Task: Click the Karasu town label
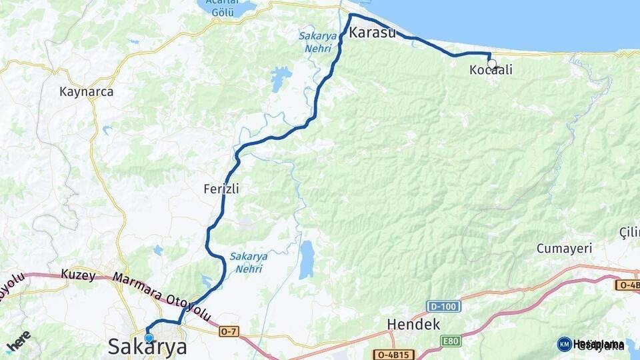click(372, 33)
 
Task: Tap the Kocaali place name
click(491, 70)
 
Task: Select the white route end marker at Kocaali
click(492, 64)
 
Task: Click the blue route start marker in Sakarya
click(149, 338)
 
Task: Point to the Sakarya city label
click(147, 347)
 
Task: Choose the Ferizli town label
click(221, 189)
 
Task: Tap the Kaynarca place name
click(86, 92)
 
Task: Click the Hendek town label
click(413, 325)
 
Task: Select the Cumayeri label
click(564, 249)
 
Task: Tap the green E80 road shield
click(451, 341)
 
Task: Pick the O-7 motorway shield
click(228, 331)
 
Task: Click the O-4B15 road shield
click(393, 355)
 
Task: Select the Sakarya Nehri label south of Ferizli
click(249, 262)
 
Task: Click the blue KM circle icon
click(564, 344)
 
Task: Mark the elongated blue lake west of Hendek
click(306, 259)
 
